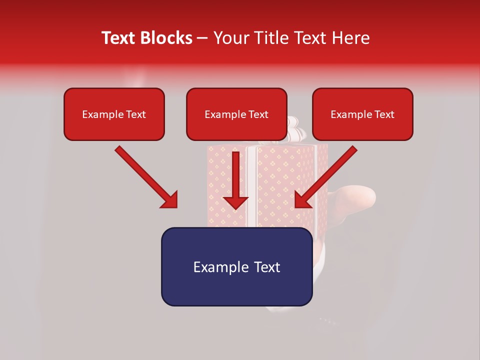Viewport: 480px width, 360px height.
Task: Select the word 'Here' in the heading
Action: [x=350, y=38]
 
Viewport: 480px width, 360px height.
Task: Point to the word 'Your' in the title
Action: [x=228, y=38]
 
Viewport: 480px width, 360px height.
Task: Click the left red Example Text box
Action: [x=114, y=114]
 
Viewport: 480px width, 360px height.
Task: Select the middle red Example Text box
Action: [x=236, y=114]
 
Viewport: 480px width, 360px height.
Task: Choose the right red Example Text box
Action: [x=362, y=114]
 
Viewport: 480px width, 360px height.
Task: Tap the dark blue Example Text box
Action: [x=236, y=266]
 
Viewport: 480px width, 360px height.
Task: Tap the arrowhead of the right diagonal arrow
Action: [x=302, y=199]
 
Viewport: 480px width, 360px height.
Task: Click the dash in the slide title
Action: [x=202, y=38]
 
